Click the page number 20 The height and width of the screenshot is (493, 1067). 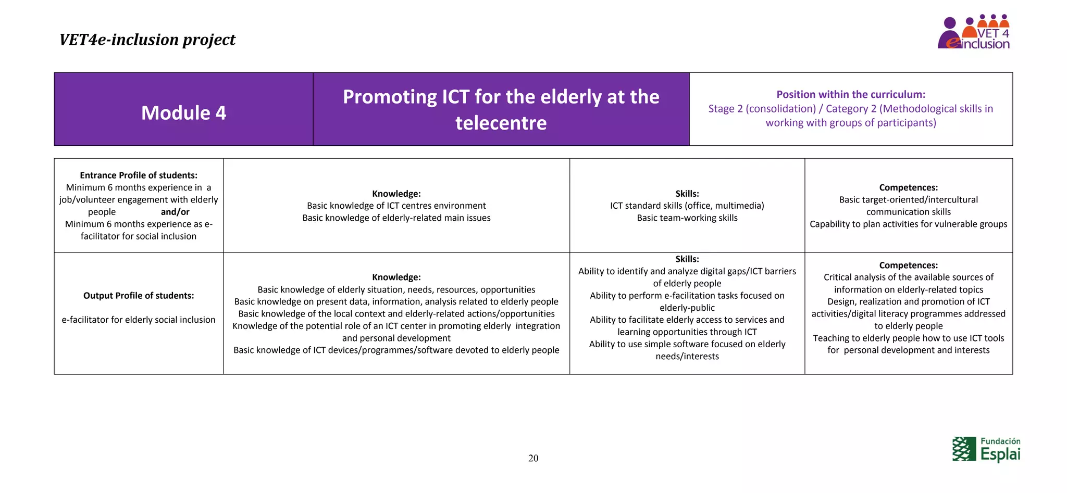[x=533, y=458]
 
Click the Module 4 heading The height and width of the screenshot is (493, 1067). [x=183, y=113]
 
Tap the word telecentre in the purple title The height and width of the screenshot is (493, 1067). [x=501, y=123]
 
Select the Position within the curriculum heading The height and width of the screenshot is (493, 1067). [x=850, y=94]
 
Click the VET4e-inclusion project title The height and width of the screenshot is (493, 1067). [x=147, y=40]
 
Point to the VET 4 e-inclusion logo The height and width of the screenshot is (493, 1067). [x=974, y=32]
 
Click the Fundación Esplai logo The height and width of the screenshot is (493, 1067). [x=986, y=449]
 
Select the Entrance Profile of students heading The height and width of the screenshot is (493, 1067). [x=139, y=175]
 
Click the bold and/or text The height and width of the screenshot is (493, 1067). [x=175, y=212]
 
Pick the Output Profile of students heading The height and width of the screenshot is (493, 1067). [x=139, y=296]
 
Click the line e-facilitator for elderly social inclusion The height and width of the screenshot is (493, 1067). [x=139, y=320]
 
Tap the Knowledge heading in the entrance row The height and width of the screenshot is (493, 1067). [x=396, y=194]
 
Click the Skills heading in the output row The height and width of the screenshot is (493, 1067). [x=687, y=259]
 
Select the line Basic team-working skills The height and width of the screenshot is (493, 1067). [x=687, y=218]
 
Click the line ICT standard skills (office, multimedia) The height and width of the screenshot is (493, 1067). [x=687, y=206]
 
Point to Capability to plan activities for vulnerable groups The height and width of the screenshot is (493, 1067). [x=908, y=224]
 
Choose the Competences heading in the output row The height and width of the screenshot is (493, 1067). [x=908, y=265]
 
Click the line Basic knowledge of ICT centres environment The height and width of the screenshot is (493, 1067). [x=396, y=206]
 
